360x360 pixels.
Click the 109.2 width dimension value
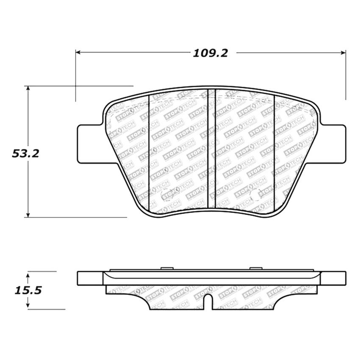[x=210, y=53]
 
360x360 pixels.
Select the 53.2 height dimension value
[x=25, y=153]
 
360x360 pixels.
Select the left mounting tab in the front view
[x=89, y=144]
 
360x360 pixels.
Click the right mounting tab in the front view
[x=333, y=144]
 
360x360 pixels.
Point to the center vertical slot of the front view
[x=211, y=148]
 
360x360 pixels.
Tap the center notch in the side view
[x=208, y=302]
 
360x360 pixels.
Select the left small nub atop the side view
[x=166, y=268]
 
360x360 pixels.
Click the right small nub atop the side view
[x=255, y=268]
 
